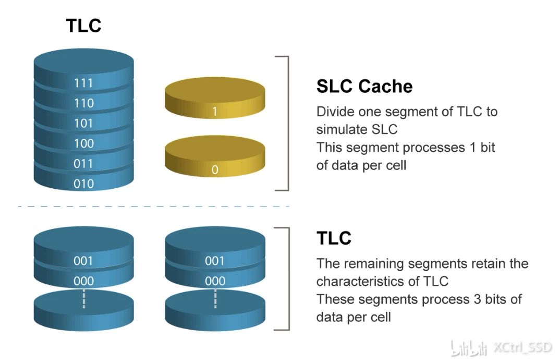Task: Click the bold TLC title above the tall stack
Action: [x=83, y=26]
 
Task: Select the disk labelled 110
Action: [x=83, y=103]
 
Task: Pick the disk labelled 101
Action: [x=83, y=123]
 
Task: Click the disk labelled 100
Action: [x=83, y=143]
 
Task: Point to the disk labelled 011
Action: [x=83, y=164]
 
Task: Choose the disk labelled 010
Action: [x=83, y=184]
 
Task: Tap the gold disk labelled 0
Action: [x=214, y=164]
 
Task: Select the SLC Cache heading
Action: [x=364, y=86]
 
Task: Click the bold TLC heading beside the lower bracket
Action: [x=334, y=238]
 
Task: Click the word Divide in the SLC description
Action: [x=334, y=112]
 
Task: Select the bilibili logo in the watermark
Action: [x=469, y=347]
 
